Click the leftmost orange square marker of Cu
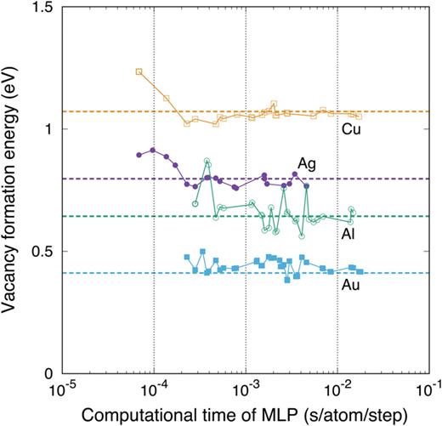point(139,71)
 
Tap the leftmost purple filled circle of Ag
point(139,155)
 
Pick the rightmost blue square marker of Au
point(360,271)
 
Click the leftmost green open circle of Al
point(195,204)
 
